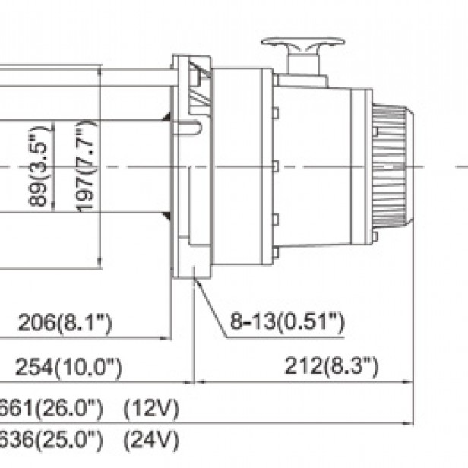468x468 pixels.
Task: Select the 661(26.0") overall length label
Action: tap(53, 410)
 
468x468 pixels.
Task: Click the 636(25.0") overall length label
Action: tap(53, 440)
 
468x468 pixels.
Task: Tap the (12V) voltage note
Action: tap(151, 410)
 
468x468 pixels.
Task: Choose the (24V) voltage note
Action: tap(151, 440)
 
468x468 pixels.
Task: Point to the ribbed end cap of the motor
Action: tap(394, 166)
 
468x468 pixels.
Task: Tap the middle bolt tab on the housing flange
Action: tap(274, 166)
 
